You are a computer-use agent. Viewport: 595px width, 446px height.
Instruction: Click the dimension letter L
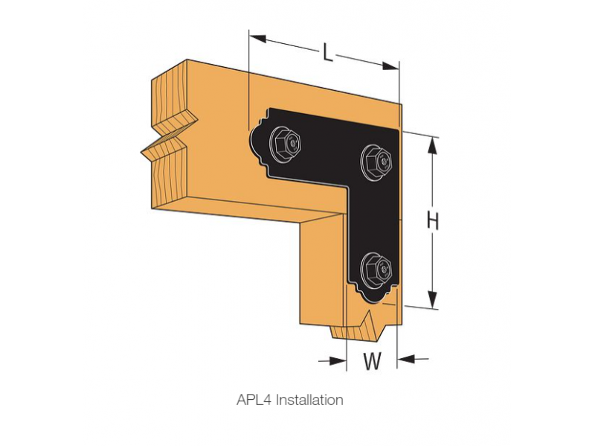[328, 51]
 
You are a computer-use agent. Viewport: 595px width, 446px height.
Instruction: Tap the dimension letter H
[433, 220]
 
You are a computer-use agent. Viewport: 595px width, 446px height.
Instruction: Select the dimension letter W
[372, 361]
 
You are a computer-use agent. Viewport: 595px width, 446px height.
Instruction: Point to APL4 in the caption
[254, 400]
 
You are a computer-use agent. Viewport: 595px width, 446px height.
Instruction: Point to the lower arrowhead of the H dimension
[431, 302]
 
